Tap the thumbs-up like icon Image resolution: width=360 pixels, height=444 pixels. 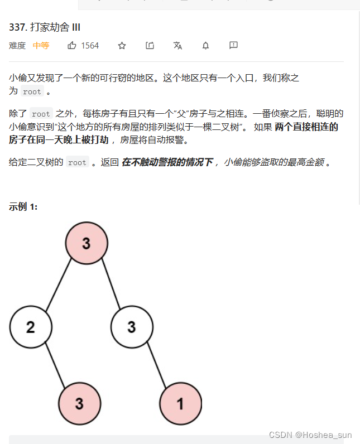72,46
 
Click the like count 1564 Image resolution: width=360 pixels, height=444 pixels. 90,46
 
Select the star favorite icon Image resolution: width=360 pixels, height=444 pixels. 122,46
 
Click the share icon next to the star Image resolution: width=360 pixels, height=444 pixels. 150,46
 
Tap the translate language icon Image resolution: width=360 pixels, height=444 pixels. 177,46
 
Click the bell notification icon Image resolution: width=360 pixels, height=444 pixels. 205,46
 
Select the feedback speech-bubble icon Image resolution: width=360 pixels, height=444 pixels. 233,45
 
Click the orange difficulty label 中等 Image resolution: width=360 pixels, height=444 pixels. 41,46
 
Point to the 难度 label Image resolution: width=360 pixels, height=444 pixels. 17,46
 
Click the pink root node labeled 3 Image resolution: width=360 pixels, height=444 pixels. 86,243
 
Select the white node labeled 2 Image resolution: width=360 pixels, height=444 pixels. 31,326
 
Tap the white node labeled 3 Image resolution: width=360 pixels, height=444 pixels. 132,326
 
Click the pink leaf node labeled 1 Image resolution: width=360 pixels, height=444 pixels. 180,403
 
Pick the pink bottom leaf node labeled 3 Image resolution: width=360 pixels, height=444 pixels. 79,403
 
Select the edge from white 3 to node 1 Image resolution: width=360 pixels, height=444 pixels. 157,366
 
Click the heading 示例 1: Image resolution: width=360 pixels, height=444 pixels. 23,207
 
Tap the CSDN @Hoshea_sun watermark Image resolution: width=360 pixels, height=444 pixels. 310,435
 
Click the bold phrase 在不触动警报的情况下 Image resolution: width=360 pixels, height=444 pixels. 167,162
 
